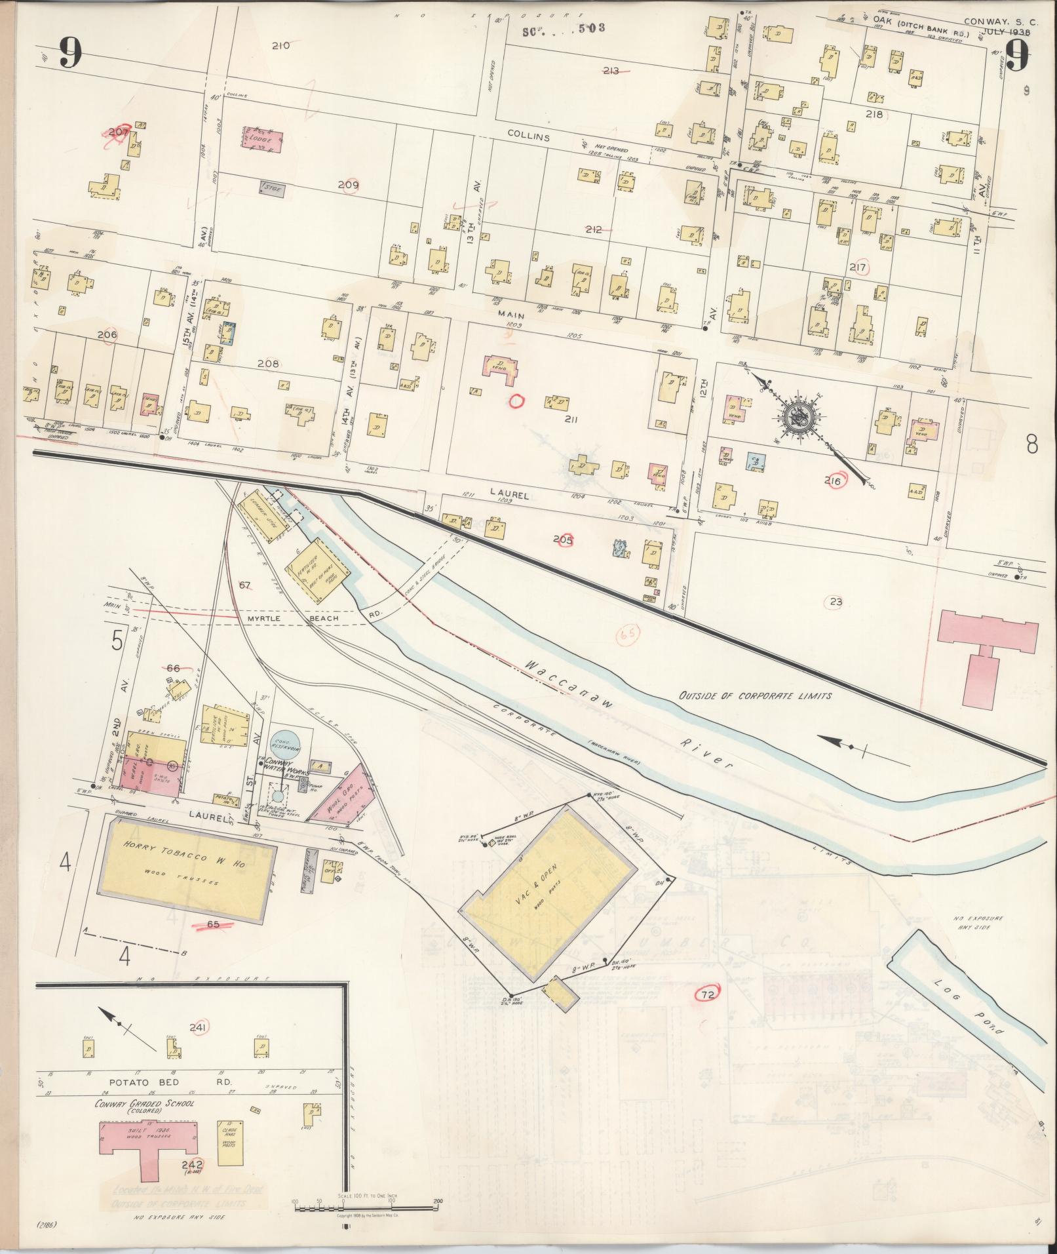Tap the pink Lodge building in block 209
[x=262, y=138]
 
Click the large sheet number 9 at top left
[x=70, y=53]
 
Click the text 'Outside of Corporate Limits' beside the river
[x=754, y=696]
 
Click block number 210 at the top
[x=280, y=46]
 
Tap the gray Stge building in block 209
[x=272, y=189]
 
